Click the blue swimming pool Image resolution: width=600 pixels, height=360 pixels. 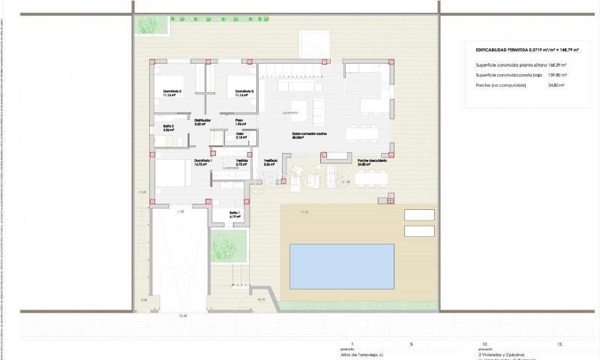(x=341, y=266)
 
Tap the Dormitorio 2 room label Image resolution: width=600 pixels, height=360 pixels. (x=173, y=91)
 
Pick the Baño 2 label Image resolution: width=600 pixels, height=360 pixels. (x=169, y=126)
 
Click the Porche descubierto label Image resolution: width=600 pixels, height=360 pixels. (x=372, y=160)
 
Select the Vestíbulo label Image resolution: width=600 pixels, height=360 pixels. (x=270, y=160)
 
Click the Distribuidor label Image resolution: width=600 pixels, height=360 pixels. (x=202, y=120)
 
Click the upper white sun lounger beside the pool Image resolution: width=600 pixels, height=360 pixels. (x=419, y=213)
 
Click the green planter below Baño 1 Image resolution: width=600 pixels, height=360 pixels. (x=229, y=244)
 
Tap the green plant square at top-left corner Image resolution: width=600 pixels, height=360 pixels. (x=145, y=24)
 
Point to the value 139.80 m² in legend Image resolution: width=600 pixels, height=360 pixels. (x=556, y=75)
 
